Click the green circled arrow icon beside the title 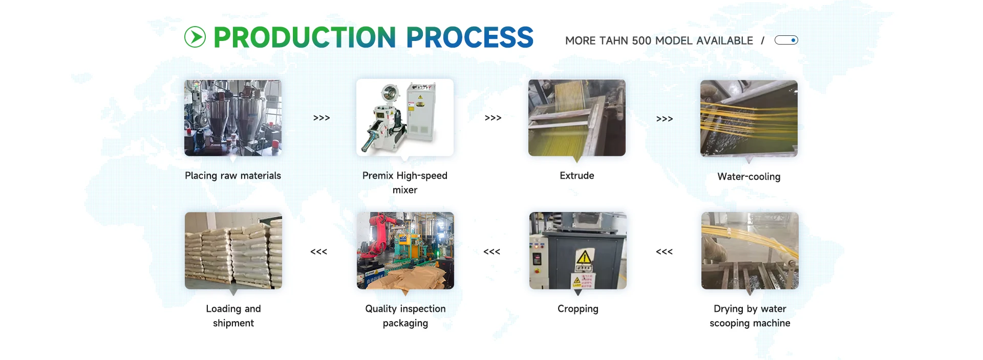tap(195, 37)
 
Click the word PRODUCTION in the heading tap(305, 37)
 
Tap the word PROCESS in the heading tap(469, 37)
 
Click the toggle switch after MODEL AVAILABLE tap(786, 40)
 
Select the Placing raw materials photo tap(233, 118)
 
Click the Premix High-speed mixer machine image tap(405, 118)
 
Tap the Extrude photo tap(577, 118)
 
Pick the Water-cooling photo tap(749, 118)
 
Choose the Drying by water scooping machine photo tap(750, 251)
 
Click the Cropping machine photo tap(578, 251)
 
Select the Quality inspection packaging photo tap(405, 251)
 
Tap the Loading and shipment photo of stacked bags tap(233, 251)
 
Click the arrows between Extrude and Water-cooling tap(665, 119)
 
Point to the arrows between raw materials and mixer tap(322, 118)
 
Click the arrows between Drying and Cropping tap(664, 251)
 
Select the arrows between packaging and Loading tap(318, 251)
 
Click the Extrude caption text tap(577, 176)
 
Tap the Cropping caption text tap(578, 309)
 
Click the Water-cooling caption tap(749, 177)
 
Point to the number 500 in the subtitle tap(642, 40)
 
